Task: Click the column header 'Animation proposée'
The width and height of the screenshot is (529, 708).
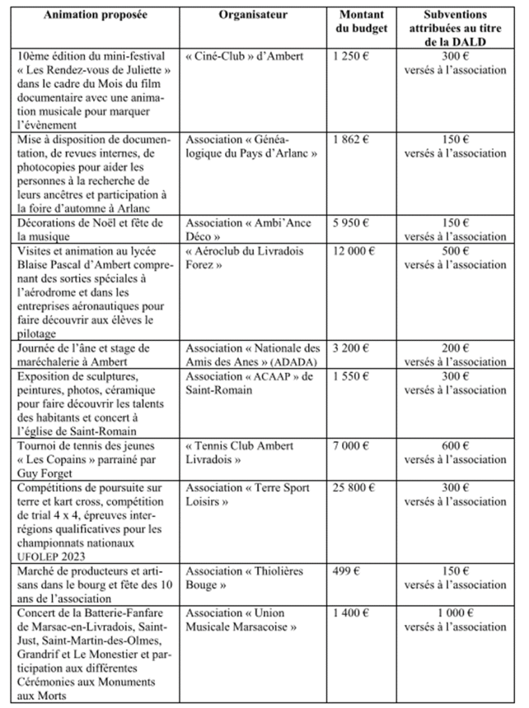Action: pyautogui.click(x=96, y=15)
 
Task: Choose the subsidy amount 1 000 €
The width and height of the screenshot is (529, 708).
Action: pyautogui.click(x=455, y=612)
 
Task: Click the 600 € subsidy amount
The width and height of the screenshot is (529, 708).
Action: pyautogui.click(x=455, y=446)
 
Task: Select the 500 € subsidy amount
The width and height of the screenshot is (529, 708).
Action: pyautogui.click(x=455, y=251)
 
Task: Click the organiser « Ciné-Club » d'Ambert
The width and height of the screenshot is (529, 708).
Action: pyautogui.click(x=244, y=56)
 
